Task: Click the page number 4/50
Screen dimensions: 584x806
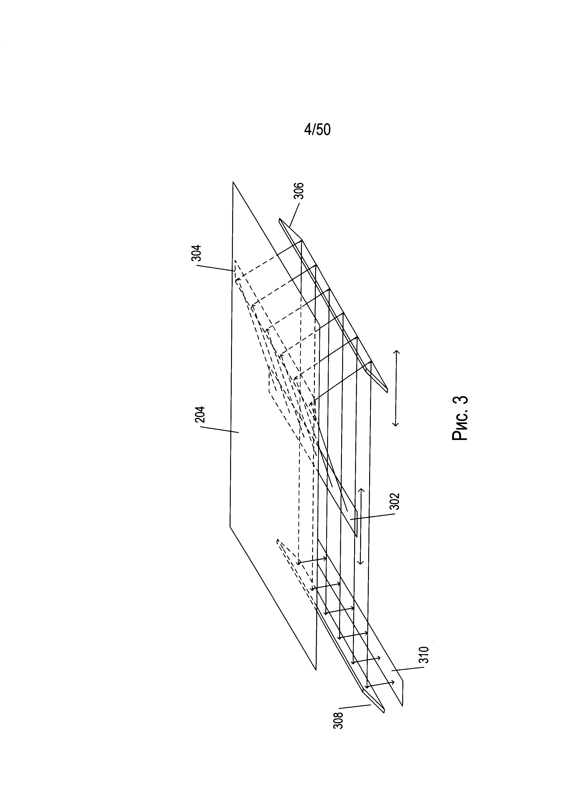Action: tap(317, 130)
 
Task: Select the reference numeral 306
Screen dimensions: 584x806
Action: tap(300, 192)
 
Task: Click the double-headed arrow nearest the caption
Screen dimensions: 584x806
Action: tap(396, 388)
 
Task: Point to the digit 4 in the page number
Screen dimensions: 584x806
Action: tap(307, 130)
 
